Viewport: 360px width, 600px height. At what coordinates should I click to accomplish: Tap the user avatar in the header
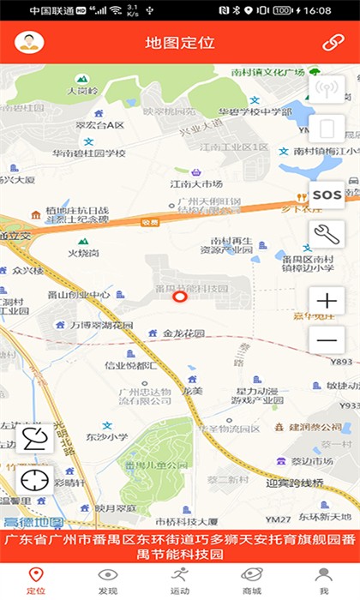coord(30,42)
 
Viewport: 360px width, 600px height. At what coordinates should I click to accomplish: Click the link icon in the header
coord(333,42)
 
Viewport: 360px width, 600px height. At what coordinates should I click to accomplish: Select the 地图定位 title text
coord(179,42)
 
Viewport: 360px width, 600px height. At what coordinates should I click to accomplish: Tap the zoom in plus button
coord(327,301)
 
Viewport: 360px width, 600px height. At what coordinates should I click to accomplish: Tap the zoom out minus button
coord(327,340)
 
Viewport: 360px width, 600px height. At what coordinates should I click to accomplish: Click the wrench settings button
coord(327,232)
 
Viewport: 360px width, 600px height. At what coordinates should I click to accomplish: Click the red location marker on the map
coord(180,297)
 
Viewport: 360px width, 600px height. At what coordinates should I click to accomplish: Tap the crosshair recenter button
coord(35,479)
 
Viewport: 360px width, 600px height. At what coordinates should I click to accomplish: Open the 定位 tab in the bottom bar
coord(36,580)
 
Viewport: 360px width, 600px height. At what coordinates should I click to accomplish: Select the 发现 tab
coord(108,580)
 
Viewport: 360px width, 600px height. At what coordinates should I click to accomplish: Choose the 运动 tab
coord(180,580)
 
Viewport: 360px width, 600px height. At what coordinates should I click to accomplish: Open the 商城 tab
coord(252,580)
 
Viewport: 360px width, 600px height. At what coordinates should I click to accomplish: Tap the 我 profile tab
coord(324,580)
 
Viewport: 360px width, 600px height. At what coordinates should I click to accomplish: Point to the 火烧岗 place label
coord(83,253)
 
